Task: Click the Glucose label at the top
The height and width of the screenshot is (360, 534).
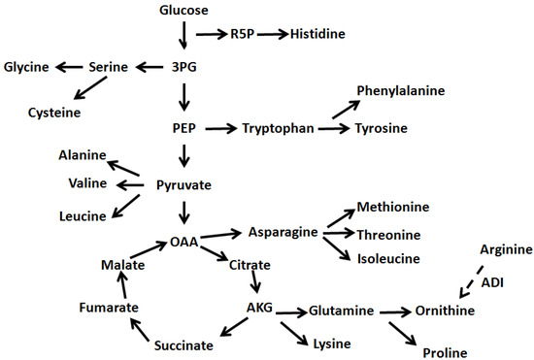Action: (183, 10)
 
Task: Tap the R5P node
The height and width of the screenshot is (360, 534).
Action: (243, 34)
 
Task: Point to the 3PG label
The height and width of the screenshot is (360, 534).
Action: (184, 67)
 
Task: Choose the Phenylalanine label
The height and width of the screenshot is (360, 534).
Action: (400, 91)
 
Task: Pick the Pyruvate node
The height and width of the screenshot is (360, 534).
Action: (184, 184)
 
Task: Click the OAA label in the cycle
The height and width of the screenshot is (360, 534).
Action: (184, 242)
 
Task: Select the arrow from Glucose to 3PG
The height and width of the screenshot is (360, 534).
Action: (184, 37)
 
